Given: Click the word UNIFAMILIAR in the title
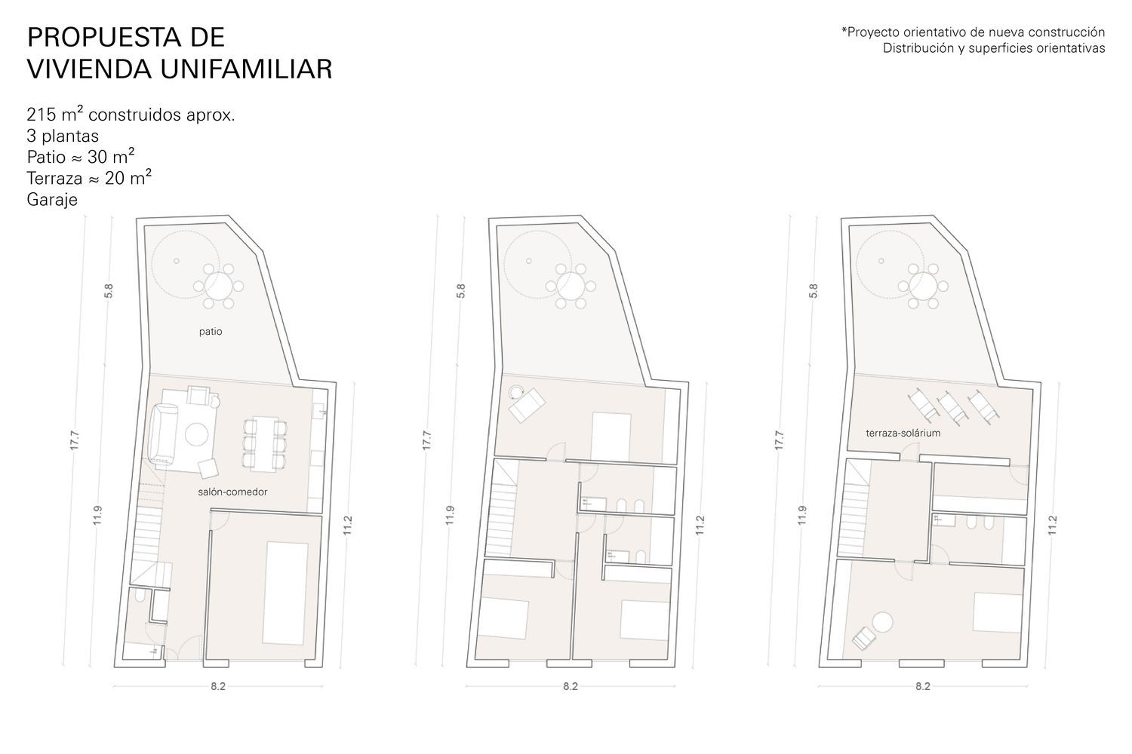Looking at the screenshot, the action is tap(246, 69).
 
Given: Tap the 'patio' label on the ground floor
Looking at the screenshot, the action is tap(211, 332).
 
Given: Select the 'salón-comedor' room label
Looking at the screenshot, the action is tap(232, 492).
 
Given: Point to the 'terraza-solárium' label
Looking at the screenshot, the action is tap(903, 433).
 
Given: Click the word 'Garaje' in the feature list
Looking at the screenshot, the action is tap(52, 200).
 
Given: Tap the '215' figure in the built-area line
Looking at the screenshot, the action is tap(41, 115).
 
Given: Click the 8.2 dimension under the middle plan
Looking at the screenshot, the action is tap(571, 686).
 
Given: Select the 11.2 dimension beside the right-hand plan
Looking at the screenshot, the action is tap(1053, 526).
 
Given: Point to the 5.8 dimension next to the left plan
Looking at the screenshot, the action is tap(109, 291).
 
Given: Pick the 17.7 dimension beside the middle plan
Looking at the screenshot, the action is tap(427, 440).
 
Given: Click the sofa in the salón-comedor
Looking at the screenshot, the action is tap(163, 434).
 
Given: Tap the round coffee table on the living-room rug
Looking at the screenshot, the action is tap(196, 434).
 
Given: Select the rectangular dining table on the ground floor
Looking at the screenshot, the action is tap(265, 444).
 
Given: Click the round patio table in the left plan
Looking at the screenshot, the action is tap(218, 287).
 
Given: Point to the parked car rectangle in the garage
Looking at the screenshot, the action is tap(285, 593).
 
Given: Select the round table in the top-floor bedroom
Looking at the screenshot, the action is tap(882, 622).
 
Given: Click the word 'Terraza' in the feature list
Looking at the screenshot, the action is tap(54, 179).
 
